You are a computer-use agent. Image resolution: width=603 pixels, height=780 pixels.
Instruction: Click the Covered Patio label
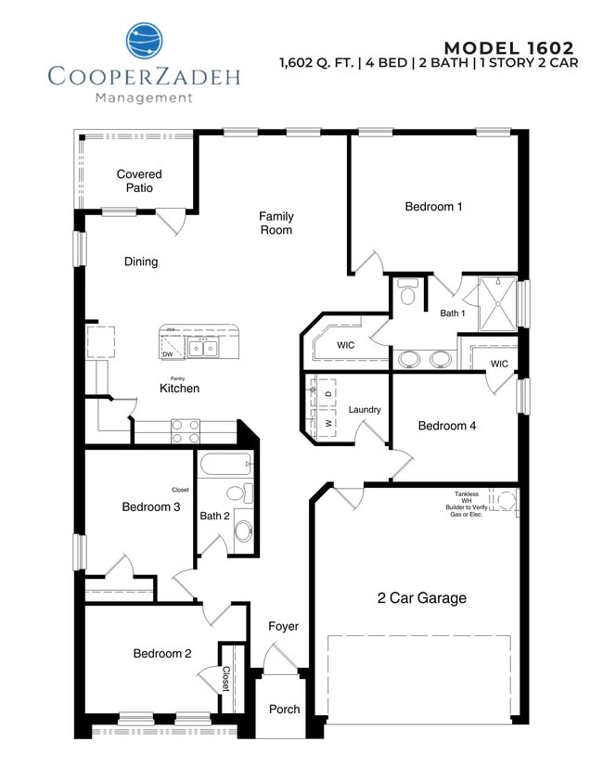coord(139,181)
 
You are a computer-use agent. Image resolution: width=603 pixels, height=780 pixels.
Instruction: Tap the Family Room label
coord(276,223)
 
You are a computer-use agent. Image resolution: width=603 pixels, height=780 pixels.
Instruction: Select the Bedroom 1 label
coord(433,207)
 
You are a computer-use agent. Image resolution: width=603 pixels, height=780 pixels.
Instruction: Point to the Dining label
coord(141,262)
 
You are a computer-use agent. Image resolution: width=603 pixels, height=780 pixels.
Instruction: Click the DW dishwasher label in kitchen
coord(168,354)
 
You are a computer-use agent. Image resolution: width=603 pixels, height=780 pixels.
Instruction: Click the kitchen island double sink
coord(202,348)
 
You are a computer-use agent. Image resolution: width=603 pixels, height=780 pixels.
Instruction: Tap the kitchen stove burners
coord(186,429)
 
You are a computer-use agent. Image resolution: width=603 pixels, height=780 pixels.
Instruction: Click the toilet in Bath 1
coord(407,294)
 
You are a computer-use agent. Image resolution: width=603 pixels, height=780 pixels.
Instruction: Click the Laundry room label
coord(365,410)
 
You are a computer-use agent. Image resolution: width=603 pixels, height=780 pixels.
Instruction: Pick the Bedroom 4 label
coord(447,426)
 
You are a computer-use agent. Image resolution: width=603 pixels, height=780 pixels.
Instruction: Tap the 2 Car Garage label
coord(421,598)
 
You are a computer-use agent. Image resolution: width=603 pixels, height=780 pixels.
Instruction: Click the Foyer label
coord(284,626)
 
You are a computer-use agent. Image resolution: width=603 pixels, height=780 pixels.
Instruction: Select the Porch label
coord(285,710)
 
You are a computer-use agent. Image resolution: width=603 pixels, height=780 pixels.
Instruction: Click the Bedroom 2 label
coord(162,654)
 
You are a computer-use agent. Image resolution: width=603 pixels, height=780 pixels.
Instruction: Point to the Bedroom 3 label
coord(151,506)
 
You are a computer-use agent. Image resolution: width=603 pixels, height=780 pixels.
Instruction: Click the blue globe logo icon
coord(145,42)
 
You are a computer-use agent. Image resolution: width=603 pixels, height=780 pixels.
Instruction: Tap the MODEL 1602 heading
coord(508,47)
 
